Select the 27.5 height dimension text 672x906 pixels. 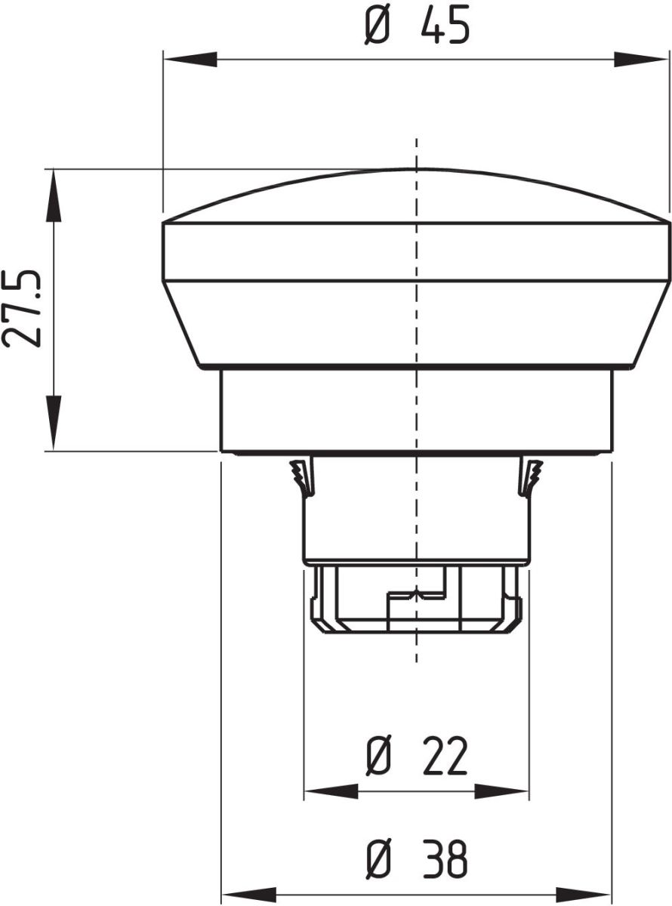21,308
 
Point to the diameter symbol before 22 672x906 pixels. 380,757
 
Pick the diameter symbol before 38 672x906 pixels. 380,859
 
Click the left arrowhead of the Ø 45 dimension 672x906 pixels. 189,60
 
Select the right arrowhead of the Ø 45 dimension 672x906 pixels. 642,60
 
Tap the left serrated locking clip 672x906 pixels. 302,477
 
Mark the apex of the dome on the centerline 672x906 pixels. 416,168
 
